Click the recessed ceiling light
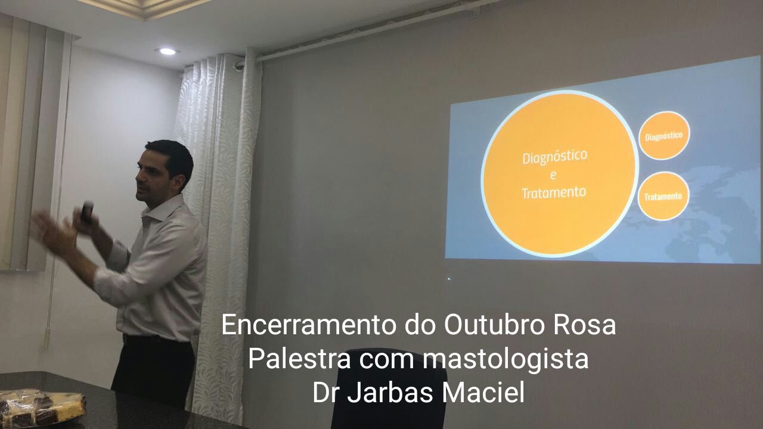coord(168,51)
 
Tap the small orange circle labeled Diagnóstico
coord(664,135)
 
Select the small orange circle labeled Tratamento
coord(663,196)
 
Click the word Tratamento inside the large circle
coord(554,192)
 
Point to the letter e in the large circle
coord(553,175)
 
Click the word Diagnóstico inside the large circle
coord(555,157)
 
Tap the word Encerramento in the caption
coord(309,325)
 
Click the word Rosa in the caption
coord(584,325)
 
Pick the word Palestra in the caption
coord(299,359)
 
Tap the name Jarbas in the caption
coord(390,393)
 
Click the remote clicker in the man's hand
coord(87,212)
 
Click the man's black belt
coord(157,339)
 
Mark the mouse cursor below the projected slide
coord(449,279)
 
